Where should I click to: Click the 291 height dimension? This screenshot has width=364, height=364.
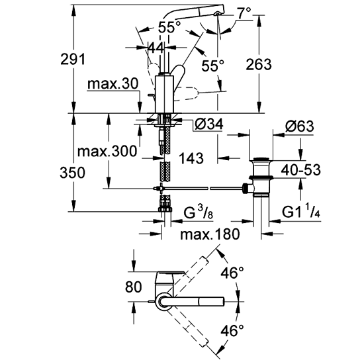click(x=73, y=60)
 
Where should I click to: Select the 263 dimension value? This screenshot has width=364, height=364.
click(x=259, y=65)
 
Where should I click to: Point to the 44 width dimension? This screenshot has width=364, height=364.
click(x=156, y=48)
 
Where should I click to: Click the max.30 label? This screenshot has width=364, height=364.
click(x=113, y=83)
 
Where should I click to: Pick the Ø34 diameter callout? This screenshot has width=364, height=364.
click(x=208, y=124)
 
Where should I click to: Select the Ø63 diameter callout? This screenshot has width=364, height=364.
click(x=299, y=126)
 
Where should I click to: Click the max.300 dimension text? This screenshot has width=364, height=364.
click(x=107, y=152)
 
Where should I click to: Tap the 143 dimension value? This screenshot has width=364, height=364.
click(x=191, y=158)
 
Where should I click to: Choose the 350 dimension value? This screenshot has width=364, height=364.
click(x=72, y=173)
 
